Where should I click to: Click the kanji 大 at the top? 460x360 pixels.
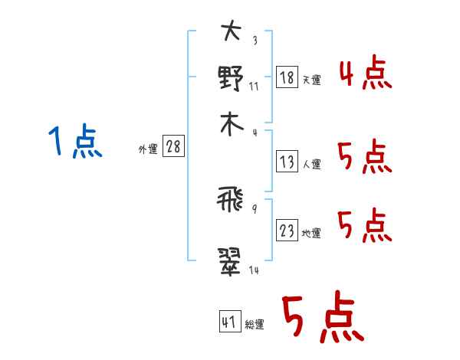pos(232,31)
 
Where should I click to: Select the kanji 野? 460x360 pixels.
pos(231,78)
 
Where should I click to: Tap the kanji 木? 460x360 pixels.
pos(232,125)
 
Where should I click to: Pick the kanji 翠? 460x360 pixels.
pos(229,262)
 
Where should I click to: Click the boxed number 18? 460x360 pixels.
pos(287,77)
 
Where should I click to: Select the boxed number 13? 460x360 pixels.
pos(287,162)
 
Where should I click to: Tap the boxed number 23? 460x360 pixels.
pos(287,230)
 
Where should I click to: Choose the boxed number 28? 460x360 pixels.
pos(173,146)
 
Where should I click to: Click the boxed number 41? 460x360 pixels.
pos(230,321)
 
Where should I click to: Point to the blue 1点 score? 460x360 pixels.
pos(75,141)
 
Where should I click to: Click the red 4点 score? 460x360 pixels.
pos(366,72)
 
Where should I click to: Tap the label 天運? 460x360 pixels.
pos(312,80)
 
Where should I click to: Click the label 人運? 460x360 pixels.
pos(312,164)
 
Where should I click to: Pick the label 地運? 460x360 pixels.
pos(311,233)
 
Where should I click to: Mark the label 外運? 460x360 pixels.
pos(148,149)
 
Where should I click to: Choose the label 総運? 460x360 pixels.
pos(255,324)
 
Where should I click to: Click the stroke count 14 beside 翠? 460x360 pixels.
pos(254,270)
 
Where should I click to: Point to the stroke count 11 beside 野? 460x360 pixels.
pos(254,87)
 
